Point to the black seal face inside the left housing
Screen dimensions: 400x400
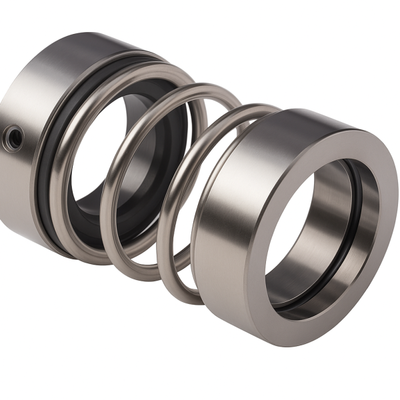(x=90, y=200)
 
